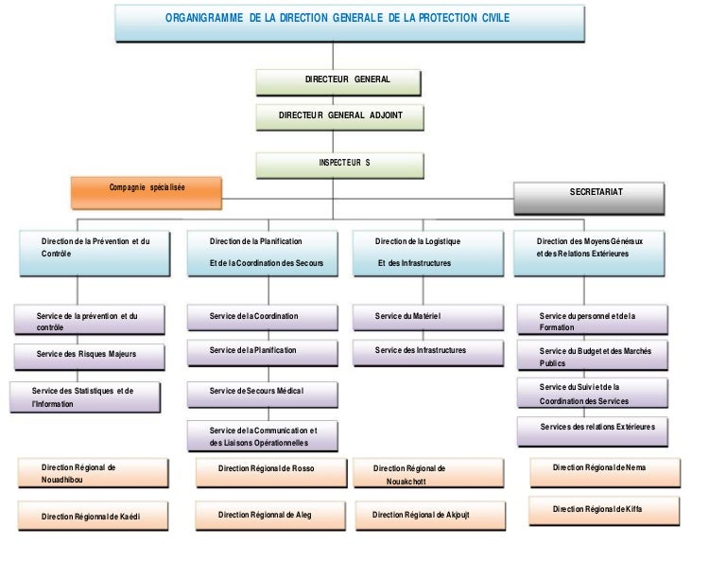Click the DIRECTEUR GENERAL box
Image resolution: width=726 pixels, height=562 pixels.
point(339,80)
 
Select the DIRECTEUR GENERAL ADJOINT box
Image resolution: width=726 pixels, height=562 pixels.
point(339,116)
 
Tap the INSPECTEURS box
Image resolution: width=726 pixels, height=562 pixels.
point(339,164)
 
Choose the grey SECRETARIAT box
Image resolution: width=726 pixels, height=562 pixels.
point(588,195)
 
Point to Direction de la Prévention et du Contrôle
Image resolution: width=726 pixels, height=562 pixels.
point(95,251)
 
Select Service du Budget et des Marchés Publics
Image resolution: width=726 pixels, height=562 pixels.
point(592,357)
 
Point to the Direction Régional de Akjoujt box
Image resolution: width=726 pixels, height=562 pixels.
point(421,516)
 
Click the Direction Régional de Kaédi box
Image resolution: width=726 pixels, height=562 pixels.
point(94,517)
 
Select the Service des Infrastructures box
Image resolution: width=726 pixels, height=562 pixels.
point(419,351)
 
